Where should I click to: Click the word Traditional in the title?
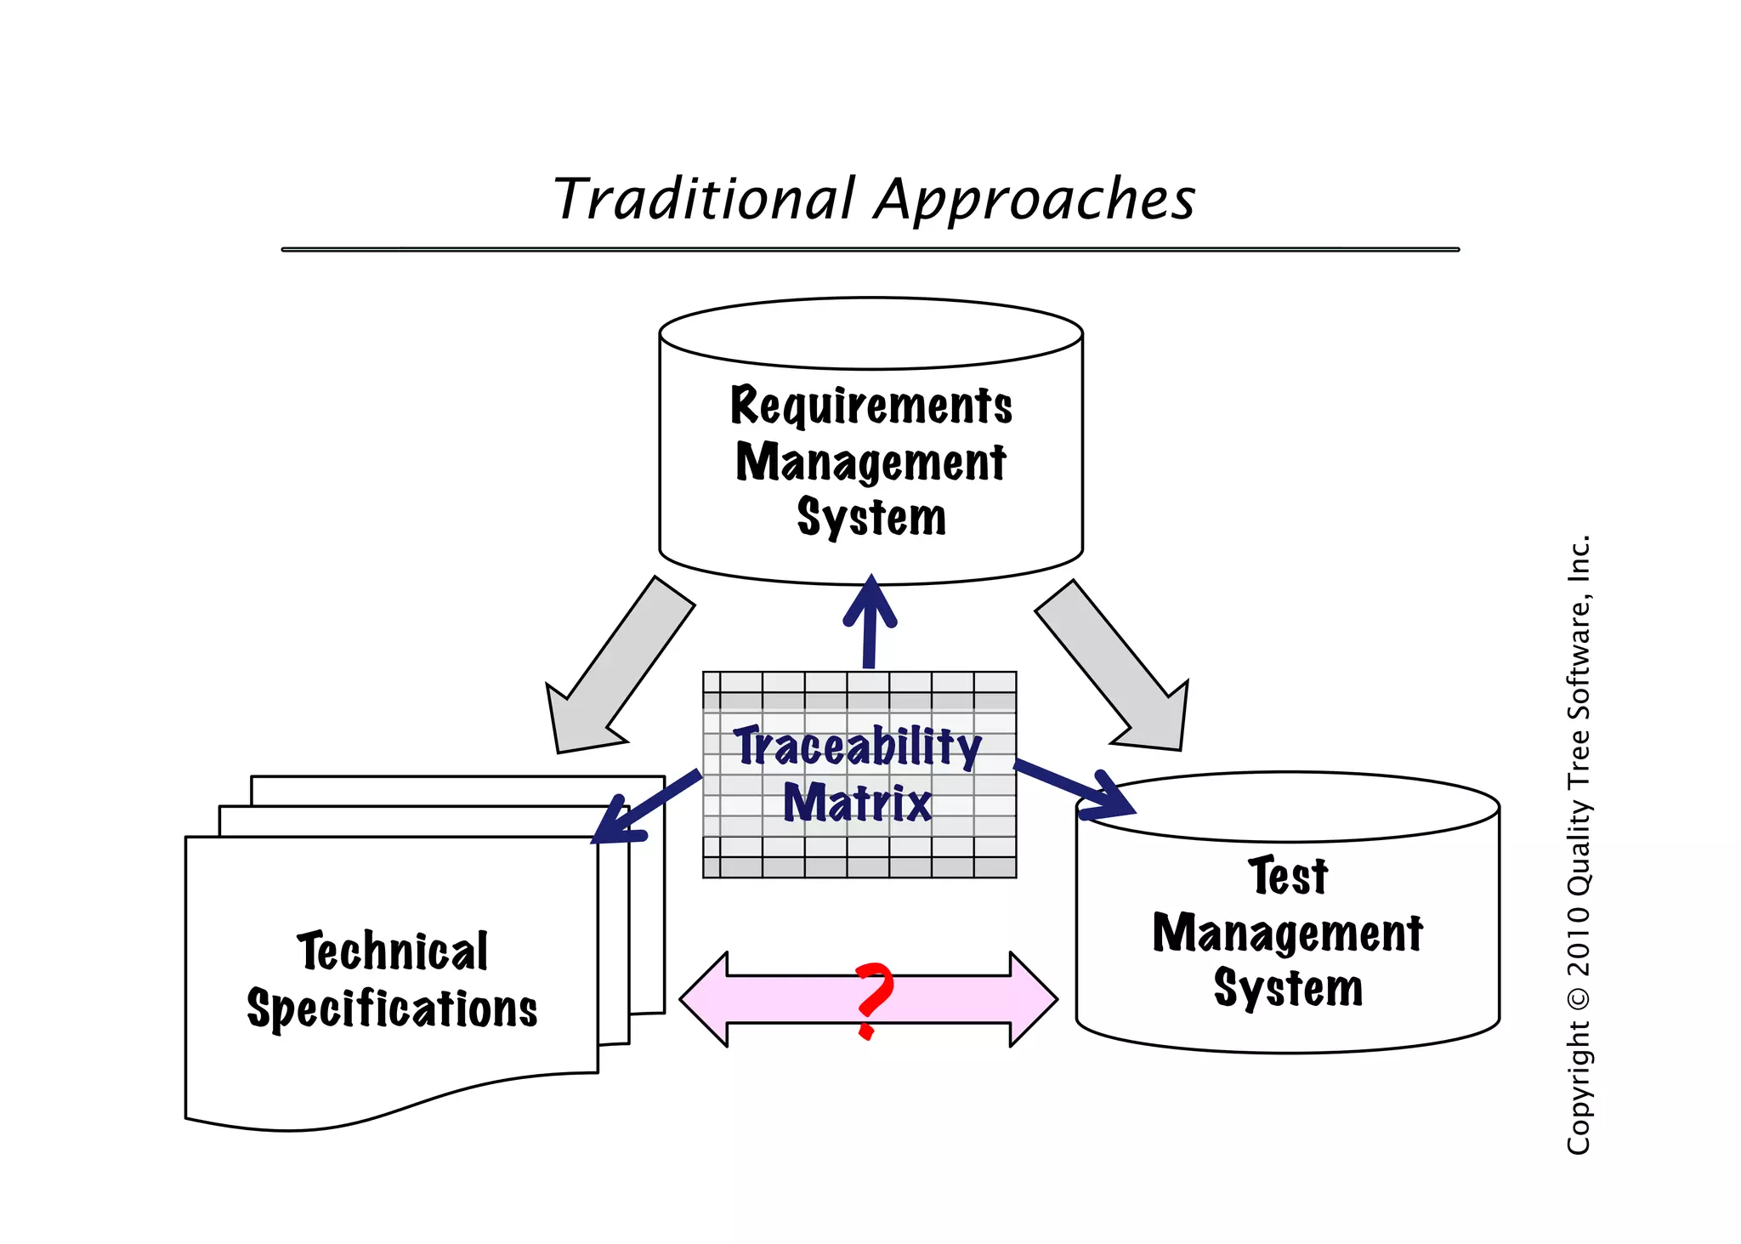click(x=704, y=199)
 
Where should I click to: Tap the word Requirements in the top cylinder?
click(x=871, y=406)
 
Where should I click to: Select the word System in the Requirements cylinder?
click(x=871, y=517)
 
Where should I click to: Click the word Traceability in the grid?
click(x=858, y=747)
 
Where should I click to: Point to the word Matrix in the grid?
click(x=857, y=803)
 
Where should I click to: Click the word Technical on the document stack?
click(x=393, y=951)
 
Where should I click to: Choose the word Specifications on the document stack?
click(x=392, y=1009)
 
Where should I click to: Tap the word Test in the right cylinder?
click(x=1287, y=876)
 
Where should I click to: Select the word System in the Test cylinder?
click(x=1288, y=988)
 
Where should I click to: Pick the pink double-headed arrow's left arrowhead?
click(x=706, y=999)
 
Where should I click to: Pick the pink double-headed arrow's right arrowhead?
click(x=1032, y=999)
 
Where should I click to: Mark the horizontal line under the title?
click(x=870, y=249)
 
